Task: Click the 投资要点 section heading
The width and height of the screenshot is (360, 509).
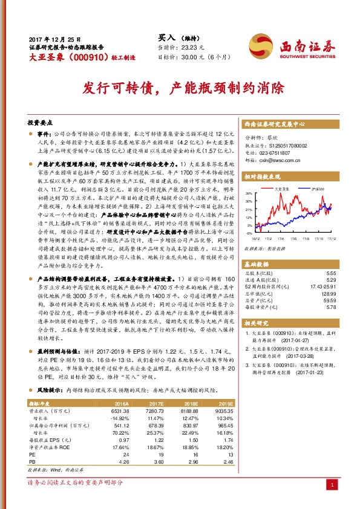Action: pos(41,122)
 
